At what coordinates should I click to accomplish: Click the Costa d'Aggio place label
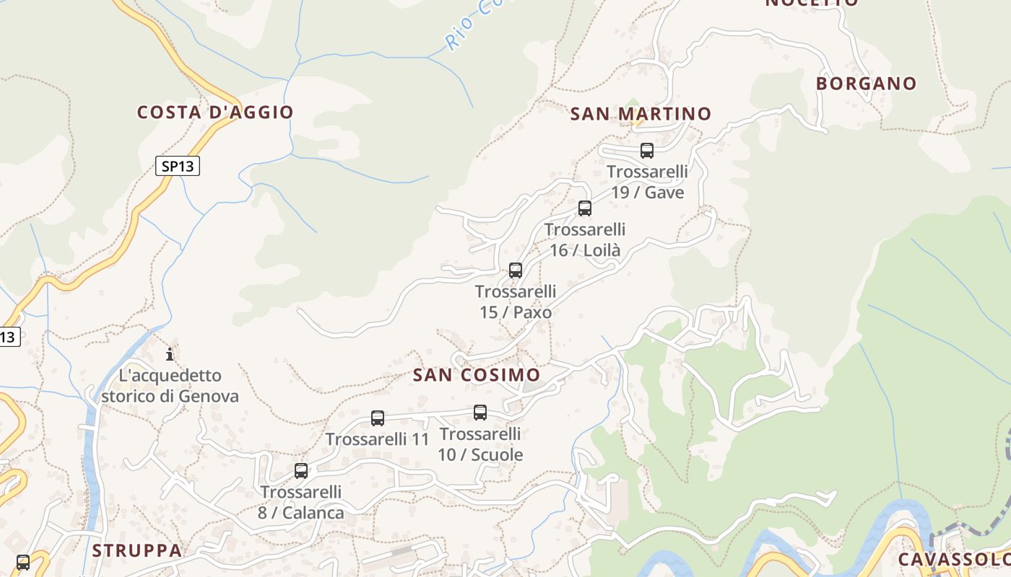tap(215, 113)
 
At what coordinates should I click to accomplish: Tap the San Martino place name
tap(641, 114)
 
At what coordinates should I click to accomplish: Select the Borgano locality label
tap(866, 84)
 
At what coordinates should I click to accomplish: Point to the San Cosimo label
tap(477, 375)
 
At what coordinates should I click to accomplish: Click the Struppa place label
tap(136, 550)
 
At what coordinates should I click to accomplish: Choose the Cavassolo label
tap(953, 560)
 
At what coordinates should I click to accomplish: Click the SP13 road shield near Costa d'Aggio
tap(178, 167)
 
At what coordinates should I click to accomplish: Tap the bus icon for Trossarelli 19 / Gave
tap(647, 151)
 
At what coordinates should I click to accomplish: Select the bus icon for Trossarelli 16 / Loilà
tap(585, 208)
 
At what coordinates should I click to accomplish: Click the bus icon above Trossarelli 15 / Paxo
tap(516, 270)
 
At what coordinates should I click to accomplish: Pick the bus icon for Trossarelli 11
tap(378, 418)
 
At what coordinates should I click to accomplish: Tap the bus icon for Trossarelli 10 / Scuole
tap(480, 413)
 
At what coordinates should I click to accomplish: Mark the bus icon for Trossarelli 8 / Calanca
tap(301, 471)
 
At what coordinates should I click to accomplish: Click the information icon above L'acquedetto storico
tap(170, 354)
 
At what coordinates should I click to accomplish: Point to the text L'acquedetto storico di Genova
tap(170, 386)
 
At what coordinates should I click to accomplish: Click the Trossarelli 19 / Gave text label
tap(647, 182)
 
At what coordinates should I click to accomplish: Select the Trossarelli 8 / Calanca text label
tap(301, 502)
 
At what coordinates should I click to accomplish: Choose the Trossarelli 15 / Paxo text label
tap(516, 301)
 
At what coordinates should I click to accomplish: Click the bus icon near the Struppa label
tap(23, 562)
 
